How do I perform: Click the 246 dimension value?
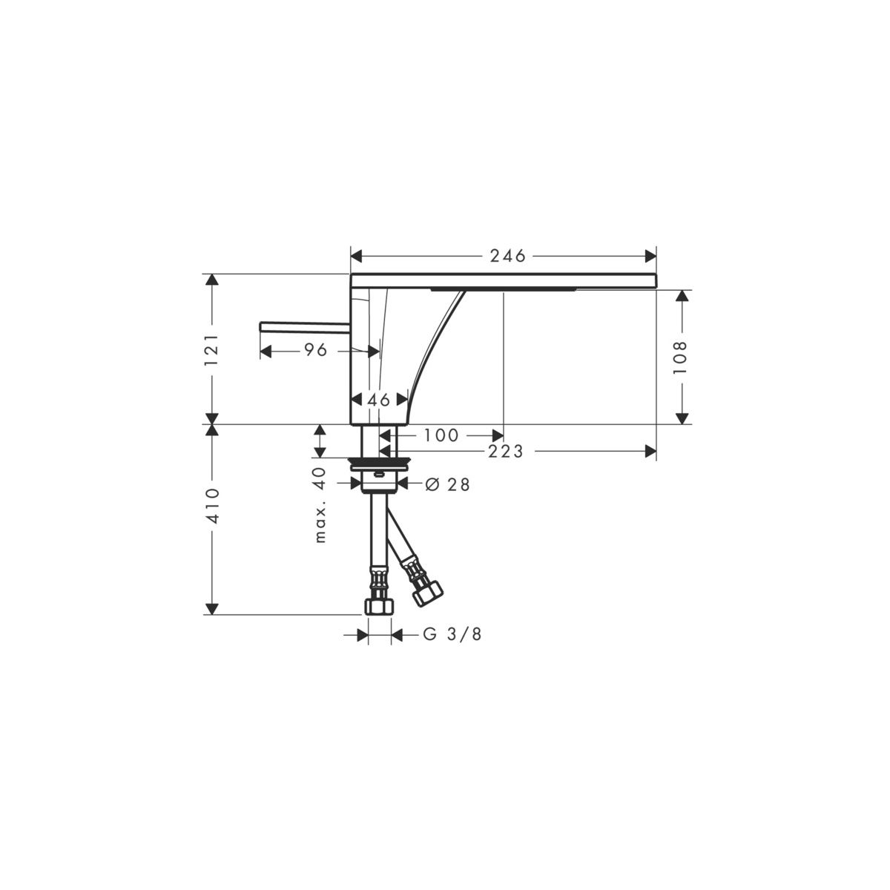tap(507, 256)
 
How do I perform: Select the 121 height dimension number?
tap(211, 349)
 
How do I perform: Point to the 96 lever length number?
tap(316, 350)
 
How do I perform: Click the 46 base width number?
tap(379, 400)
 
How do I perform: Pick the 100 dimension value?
tap(441, 435)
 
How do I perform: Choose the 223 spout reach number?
tap(506, 451)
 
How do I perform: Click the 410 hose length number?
tap(211, 506)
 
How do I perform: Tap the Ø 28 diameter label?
tap(447, 484)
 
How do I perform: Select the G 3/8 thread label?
tap(452, 634)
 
